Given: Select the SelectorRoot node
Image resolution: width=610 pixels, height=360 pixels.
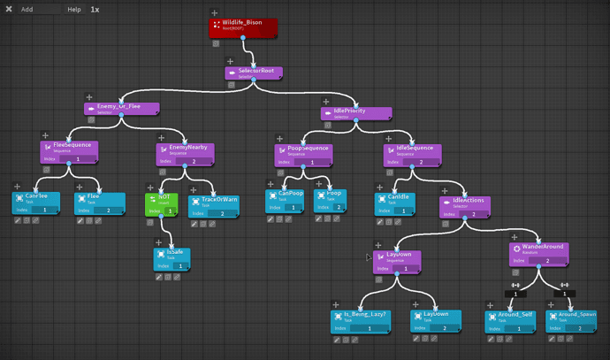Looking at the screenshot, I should point(255,73).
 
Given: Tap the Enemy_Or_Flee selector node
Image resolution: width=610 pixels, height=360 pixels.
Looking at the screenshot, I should point(122,109).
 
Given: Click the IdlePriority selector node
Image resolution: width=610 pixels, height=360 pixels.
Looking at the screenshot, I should point(355,114).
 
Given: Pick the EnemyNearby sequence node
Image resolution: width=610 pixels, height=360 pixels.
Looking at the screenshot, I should point(185,153).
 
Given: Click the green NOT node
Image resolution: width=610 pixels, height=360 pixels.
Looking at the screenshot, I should point(162,203).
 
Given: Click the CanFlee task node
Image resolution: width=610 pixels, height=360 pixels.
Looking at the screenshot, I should point(36,201).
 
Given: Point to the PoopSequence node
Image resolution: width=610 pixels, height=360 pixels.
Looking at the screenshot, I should point(303,153).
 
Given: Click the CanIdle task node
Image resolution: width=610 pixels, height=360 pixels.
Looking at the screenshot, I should point(399,202).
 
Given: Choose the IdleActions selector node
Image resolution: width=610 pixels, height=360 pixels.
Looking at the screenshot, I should point(463,205).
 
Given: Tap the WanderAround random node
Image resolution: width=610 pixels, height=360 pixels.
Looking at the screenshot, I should point(539,253).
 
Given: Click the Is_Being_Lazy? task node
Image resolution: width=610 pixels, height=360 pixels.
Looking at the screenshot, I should point(362,319).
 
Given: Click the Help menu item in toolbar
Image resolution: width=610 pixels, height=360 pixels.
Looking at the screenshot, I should point(74,9).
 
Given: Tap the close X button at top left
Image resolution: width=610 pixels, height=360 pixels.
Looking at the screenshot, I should point(9,9).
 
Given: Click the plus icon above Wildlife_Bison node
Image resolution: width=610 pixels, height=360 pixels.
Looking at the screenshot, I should point(215,13).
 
